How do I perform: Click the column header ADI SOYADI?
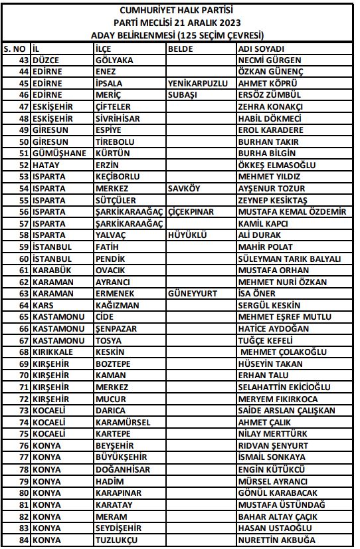261,49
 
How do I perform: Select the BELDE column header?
180,49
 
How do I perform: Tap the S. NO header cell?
15,49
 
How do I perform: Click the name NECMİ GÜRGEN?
266,60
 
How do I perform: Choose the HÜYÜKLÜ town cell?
188,235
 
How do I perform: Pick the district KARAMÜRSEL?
123,422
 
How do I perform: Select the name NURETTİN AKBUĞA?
276,540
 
